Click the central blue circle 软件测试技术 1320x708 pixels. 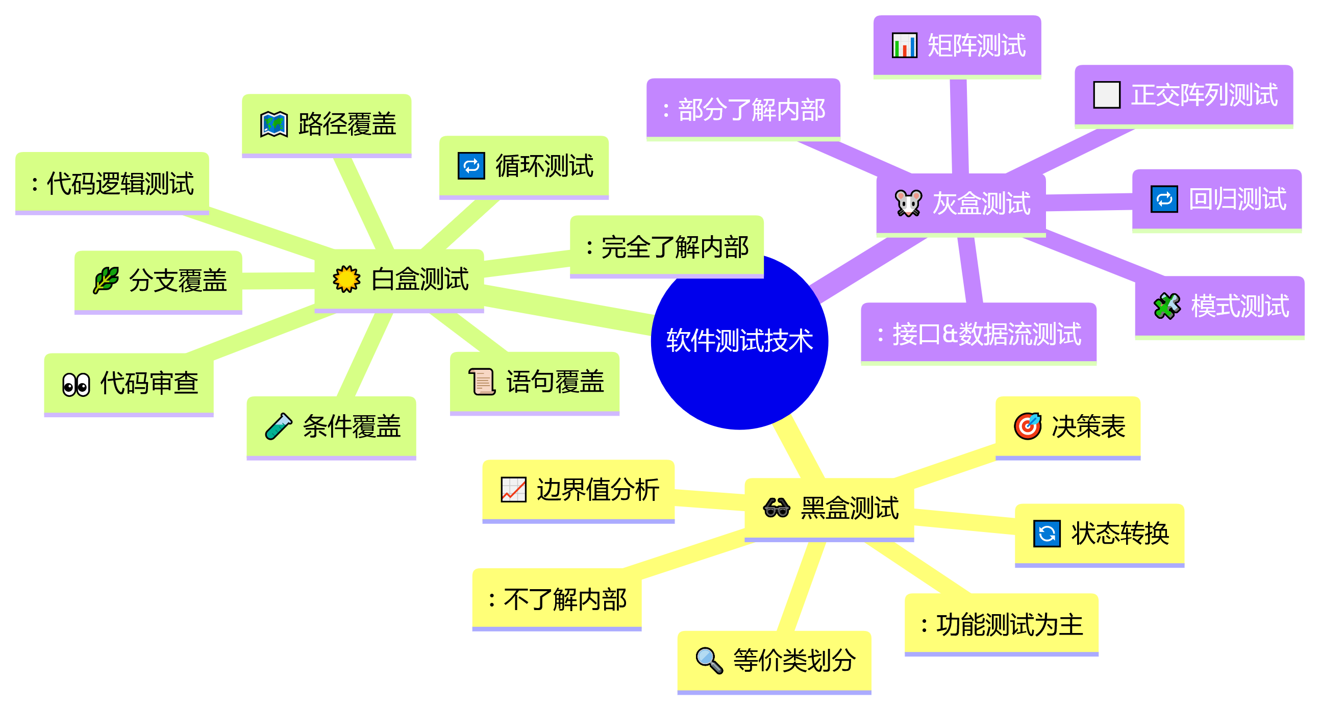pos(739,341)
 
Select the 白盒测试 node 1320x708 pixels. pos(399,279)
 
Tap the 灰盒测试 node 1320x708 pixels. pos(961,204)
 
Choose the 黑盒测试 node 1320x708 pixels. pos(829,508)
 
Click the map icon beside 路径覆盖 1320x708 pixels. pos(273,124)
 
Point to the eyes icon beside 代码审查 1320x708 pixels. pos(76,384)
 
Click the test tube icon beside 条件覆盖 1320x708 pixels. pos(278,427)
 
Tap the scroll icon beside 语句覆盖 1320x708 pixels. pos(482,382)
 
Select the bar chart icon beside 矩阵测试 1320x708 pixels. pos(905,45)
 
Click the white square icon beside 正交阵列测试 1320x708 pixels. pos(1106,95)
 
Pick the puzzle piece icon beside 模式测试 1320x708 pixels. pos(1167,306)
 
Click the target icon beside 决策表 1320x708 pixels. pos(1028,426)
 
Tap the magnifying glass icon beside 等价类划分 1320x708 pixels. pos(709,660)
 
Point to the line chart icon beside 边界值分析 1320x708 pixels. pos(513,490)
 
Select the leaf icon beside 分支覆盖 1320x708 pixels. pos(106,280)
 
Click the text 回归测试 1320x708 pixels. pos(1237,199)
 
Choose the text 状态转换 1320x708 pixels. pos(1120,534)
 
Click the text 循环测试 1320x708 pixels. pos(544,166)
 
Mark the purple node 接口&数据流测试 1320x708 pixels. pos(978,334)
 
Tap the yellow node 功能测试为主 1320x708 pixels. pos(1001,625)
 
